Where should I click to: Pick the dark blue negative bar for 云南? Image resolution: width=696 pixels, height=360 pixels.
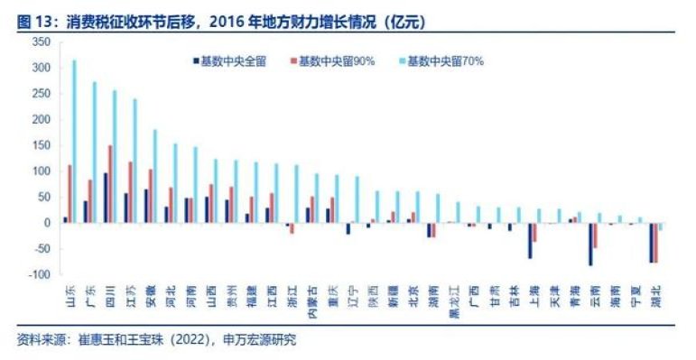click(590, 244)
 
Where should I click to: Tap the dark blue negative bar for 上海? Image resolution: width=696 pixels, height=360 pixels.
click(530, 240)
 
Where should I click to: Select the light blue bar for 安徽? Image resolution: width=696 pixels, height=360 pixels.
click(154, 176)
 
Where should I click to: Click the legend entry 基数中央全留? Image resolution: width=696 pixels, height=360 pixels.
click(230, 61)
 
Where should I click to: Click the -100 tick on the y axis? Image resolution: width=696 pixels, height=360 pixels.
click(40, 273)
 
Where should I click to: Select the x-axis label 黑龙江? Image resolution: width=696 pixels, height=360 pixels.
click(454, 295)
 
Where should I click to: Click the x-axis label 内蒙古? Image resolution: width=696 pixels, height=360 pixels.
click(311, 295)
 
